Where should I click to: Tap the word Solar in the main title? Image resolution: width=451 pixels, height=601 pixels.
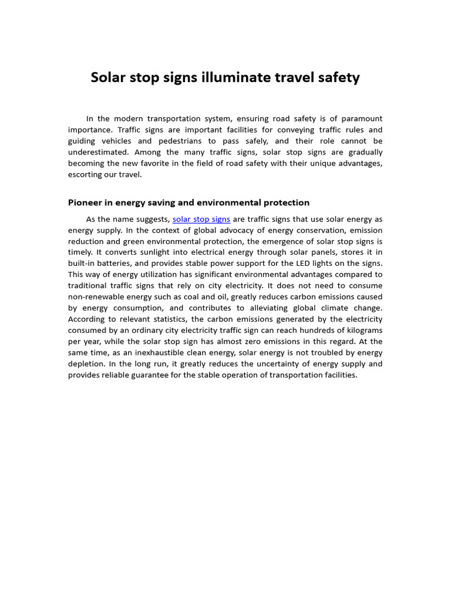coord(109,77)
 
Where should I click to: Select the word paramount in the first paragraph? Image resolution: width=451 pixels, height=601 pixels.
coord(358,119)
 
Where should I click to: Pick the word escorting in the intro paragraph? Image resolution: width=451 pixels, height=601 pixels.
coord(86,174)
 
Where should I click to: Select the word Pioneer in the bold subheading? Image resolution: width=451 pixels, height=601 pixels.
coord(86,202)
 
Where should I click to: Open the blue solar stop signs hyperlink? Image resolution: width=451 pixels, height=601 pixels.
coord(201,219)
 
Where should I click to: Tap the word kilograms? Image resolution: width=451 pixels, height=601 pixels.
coord(362,330)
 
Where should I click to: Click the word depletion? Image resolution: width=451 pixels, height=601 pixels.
coord(86,364)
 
